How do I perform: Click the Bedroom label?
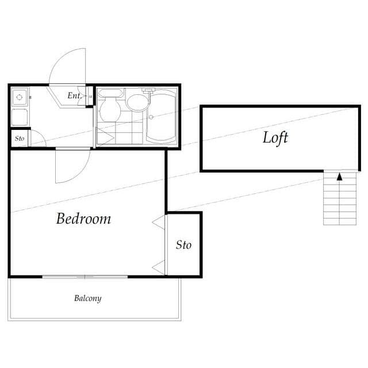(83, 218)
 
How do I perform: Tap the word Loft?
(275, 138)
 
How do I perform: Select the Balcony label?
(88, 298)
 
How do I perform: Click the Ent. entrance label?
(74, 95)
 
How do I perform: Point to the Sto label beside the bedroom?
(183, 245)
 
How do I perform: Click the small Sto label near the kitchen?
(20, 139)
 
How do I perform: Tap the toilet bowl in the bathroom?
(110, 110)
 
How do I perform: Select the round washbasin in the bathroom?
(137, 103)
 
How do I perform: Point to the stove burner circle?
(19, 97)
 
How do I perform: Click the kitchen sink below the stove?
(20, 117)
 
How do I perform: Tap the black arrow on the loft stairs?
(339, 177)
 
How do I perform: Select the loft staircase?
(340, 198)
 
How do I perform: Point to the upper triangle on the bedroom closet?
(159, 222)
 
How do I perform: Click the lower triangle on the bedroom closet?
(159, 267)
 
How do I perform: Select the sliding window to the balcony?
(85, 277)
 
